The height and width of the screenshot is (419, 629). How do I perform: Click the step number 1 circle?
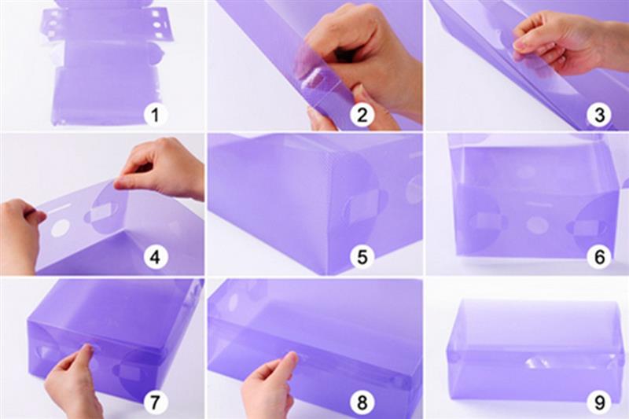tap(155, 115)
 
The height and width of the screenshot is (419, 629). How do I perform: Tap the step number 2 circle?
tap(362, 115)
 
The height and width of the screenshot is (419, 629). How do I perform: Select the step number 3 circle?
tap(599, 115)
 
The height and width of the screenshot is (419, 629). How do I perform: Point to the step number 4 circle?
tap(155, 256)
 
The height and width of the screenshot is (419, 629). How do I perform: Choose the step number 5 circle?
tap(362, 256)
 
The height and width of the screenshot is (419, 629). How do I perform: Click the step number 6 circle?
tap(599, 256)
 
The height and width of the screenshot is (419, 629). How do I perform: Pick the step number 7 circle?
tap(155, 401)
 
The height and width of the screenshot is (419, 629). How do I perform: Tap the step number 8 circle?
tap(362, 401)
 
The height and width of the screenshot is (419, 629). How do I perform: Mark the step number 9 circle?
tap(599, 401)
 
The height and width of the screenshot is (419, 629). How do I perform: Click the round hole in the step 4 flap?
tap(61, 228)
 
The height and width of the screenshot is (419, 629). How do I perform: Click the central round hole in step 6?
tap(537, 225)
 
